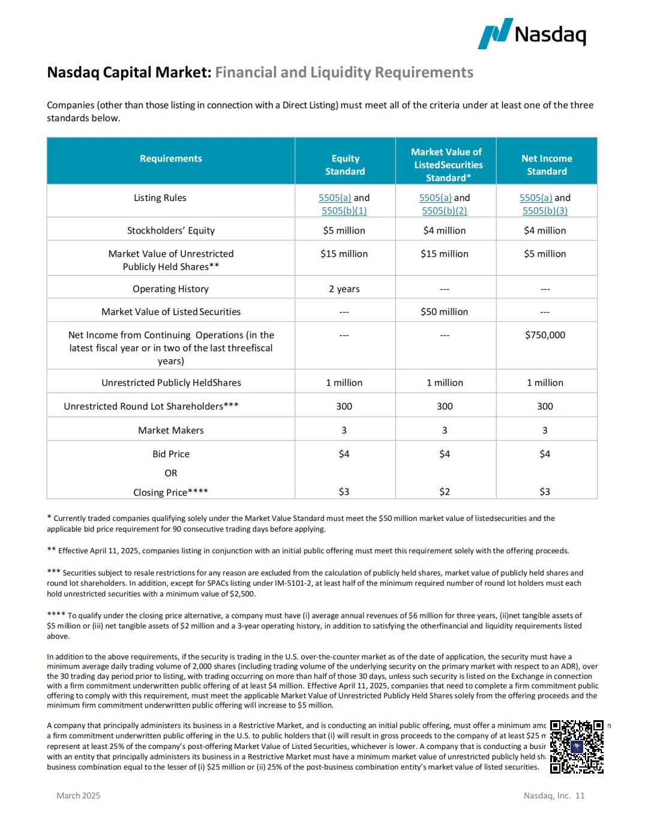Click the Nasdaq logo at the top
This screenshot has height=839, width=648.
(532, 34)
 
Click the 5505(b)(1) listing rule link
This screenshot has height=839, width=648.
(344, 211)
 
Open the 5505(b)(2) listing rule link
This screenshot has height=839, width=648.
(444, 211)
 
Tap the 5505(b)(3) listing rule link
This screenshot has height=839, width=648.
(545, 211)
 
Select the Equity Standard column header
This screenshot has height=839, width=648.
(345, 165)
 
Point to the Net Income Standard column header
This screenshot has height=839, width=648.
(547, 165)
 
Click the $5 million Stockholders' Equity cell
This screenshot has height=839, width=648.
(344, 230)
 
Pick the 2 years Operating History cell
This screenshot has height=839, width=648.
(344, 289)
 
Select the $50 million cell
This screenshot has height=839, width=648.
(444, 311)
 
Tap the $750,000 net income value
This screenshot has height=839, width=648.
(545, 335)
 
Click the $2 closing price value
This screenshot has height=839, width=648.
(444, 492)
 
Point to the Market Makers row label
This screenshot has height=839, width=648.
(171, 430)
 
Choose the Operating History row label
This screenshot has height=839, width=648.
(171, 289)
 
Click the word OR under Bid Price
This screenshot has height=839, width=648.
(171, 473)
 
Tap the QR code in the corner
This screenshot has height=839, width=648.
(577, 747)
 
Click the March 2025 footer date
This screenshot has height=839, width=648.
(79, 796)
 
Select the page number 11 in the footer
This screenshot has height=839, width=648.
(580, 796)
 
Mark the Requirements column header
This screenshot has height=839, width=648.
(171, 158)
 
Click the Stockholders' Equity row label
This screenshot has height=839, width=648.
(171, 230)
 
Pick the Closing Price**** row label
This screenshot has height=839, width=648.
(171, 492)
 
